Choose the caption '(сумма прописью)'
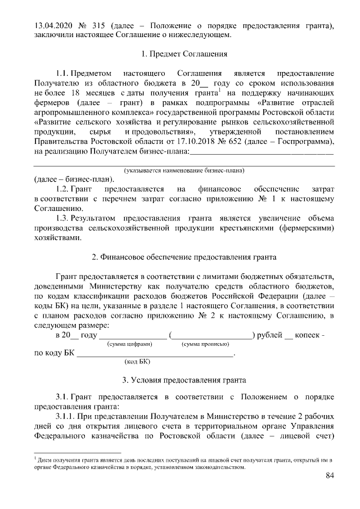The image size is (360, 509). point(204,344)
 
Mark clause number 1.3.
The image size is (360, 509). point(66,218)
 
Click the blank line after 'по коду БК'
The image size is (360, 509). point(154,354)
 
